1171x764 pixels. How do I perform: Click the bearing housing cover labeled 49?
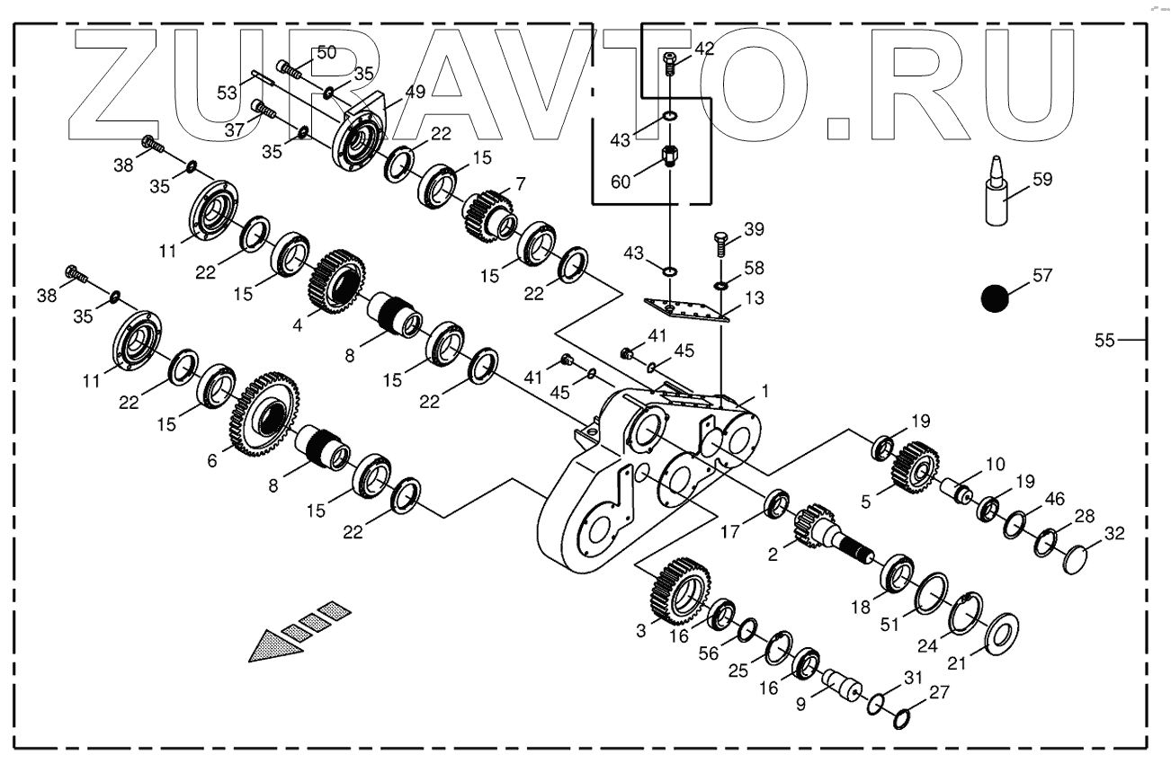pyautogui.click(x=360, y=135)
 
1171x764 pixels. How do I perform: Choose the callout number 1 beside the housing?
pyautogui.click(x=765, y=391)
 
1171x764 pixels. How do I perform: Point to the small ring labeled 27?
pyautogui.click(x=904, y=717)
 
